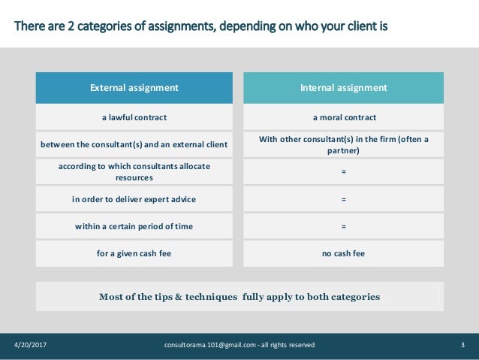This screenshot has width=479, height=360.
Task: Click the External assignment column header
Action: click(x=134, y=88)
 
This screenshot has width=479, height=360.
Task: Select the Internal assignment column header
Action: click(x=344, y=88)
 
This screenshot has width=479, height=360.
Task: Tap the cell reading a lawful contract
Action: click(x=134, y=117)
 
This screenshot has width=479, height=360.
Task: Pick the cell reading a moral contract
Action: click(x=344, y=117)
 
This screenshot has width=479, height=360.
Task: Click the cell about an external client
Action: click(x=134, y=144)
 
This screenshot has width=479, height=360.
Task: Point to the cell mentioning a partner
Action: click(x=344, y=144)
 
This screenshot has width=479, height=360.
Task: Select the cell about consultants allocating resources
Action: click(x=134, y=171)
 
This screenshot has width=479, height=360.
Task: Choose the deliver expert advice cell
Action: click(x=134, y=199)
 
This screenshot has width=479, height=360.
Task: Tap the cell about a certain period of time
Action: click(x=134, y=226)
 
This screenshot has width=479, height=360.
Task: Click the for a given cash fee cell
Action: click(x=134, y=253)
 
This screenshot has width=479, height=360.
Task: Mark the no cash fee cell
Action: click(x=344, y=253)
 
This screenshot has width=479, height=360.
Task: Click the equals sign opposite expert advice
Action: click(x=344, y=199)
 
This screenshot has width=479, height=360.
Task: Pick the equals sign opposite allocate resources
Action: click(x=344, y=172)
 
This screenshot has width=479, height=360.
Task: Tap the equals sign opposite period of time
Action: click(x=344, y=226)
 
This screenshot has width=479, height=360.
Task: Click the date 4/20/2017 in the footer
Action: click(x=31, y=345)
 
